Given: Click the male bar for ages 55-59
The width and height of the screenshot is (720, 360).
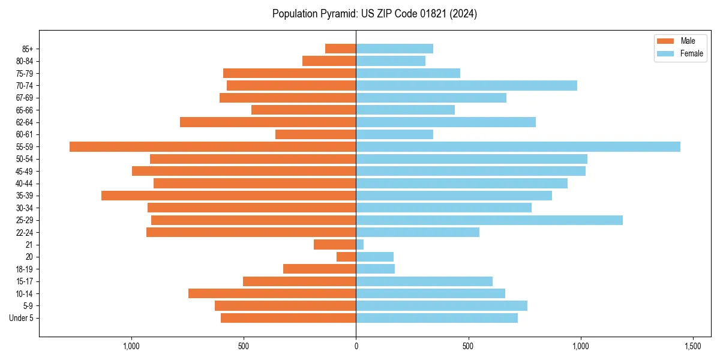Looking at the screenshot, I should (x=212, y=146).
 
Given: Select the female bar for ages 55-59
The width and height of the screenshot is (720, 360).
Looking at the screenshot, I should (x=518, y=146).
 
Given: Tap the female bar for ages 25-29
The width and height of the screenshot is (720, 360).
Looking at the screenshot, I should (x=489, y=220).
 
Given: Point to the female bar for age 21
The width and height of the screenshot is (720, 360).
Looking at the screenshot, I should (x=359, y=245).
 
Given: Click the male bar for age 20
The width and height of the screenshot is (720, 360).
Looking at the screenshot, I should (x=346, y=257).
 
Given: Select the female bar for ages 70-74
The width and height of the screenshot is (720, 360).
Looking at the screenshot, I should (x=466, y=86).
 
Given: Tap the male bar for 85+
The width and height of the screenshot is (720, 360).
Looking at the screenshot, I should (x=340, y=49).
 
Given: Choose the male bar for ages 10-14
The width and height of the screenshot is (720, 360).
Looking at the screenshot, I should (x=272, y=293).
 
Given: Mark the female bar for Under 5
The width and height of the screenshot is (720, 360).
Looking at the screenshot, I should (x=437, y=318).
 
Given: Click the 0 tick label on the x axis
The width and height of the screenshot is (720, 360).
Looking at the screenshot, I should (x=356, y=346).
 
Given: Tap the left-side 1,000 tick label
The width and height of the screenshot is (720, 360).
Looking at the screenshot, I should (x=131, y=346).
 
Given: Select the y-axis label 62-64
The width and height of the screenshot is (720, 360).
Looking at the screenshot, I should (x=24, y=122).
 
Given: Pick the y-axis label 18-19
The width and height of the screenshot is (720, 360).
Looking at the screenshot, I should (x=24, y=269).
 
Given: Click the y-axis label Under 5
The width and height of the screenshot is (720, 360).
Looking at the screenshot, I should (x=21, y=318).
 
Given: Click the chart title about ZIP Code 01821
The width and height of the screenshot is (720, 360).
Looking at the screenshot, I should (x=374, y=14).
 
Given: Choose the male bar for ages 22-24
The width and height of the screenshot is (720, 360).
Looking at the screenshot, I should (x=251, y=232).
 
